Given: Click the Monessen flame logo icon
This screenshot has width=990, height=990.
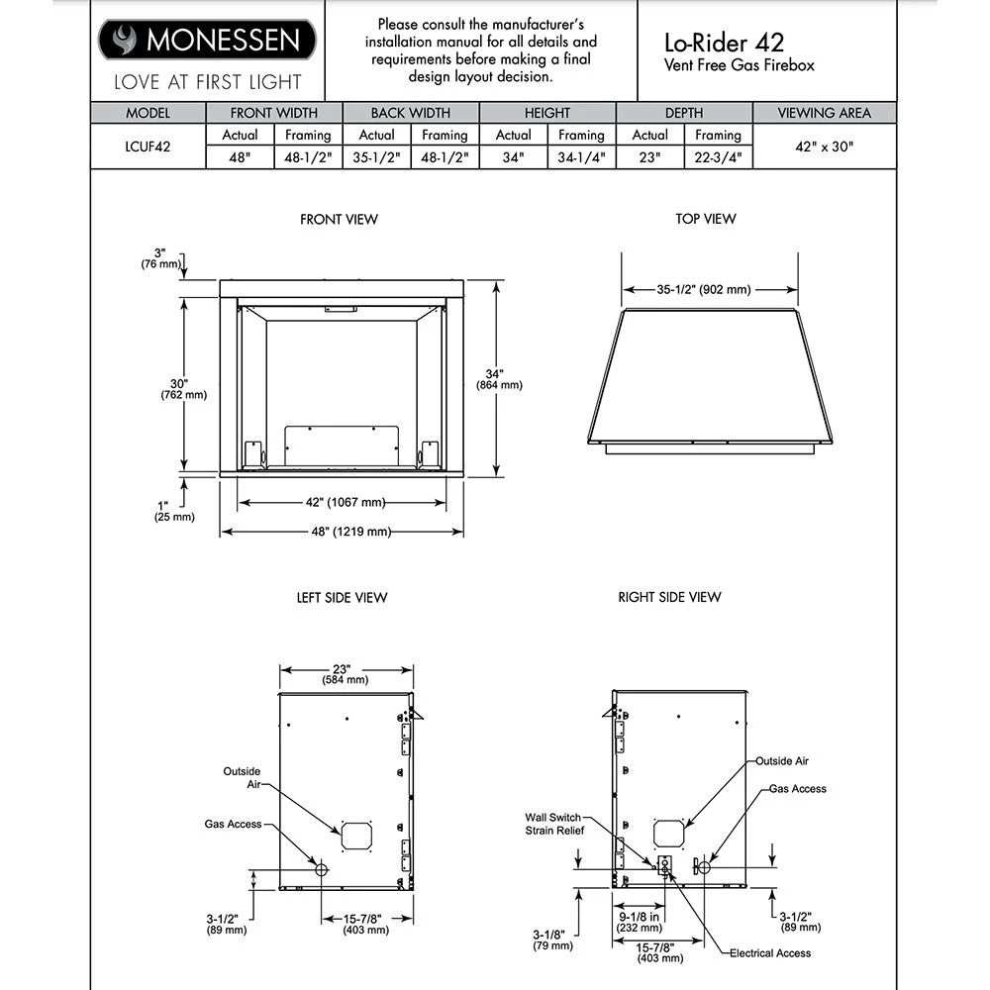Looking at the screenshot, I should (126, 41).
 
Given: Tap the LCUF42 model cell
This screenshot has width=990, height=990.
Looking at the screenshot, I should (148, 146).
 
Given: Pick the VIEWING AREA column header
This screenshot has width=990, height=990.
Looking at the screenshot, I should (824, 113).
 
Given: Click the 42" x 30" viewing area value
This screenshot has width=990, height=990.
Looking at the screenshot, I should (824, 146).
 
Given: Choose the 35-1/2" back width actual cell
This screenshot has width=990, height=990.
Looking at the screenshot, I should (376, 156).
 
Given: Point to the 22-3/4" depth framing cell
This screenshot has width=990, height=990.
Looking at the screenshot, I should (718, 156).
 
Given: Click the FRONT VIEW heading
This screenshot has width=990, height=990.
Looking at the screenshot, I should (340, 219).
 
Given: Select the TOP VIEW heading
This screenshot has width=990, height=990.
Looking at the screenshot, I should (706, 219).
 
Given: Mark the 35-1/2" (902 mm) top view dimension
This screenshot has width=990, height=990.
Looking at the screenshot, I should (705, 290).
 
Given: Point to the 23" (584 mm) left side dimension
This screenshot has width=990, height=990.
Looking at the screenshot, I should (345, 674).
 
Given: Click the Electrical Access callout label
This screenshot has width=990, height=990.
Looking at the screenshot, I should (769, 953).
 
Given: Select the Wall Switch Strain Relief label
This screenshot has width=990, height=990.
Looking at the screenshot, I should (553, 824).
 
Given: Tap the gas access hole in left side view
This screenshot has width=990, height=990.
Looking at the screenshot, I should (321, 868).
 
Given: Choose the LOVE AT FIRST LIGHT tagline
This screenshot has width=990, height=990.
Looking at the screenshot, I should (207, 82).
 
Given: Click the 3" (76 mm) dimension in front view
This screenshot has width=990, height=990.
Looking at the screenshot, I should (160, 258).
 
